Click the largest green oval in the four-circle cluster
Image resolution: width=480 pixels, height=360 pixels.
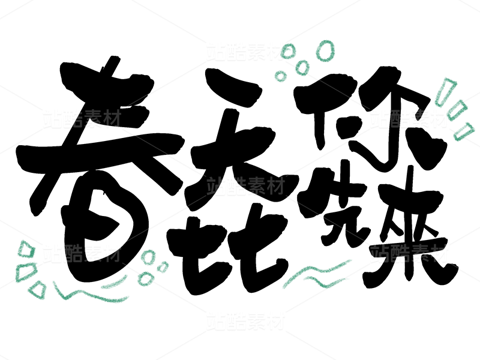(325, 51)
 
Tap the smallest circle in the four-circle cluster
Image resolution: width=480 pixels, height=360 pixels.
(280, 76)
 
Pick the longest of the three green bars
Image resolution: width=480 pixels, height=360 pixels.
(446, 90)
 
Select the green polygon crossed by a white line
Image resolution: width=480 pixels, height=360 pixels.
(25, 272)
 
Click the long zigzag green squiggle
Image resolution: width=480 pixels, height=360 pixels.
(90, 294)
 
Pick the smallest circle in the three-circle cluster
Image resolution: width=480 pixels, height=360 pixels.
(163, 266)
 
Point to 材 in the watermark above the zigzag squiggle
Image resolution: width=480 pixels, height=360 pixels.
(112, 253)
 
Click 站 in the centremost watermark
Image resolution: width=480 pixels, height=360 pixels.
(216, 186)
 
